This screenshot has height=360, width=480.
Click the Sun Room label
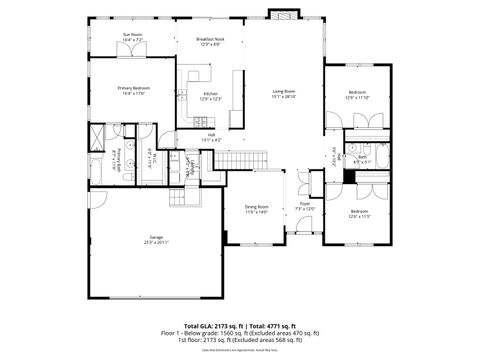point(133,37)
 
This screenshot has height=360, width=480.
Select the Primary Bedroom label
point(133,90)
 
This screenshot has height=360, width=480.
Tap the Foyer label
point(305,206)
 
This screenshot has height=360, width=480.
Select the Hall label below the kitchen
point(211,138)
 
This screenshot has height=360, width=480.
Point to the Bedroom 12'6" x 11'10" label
point(357,95)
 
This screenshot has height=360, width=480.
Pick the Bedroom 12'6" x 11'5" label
point(359,214)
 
